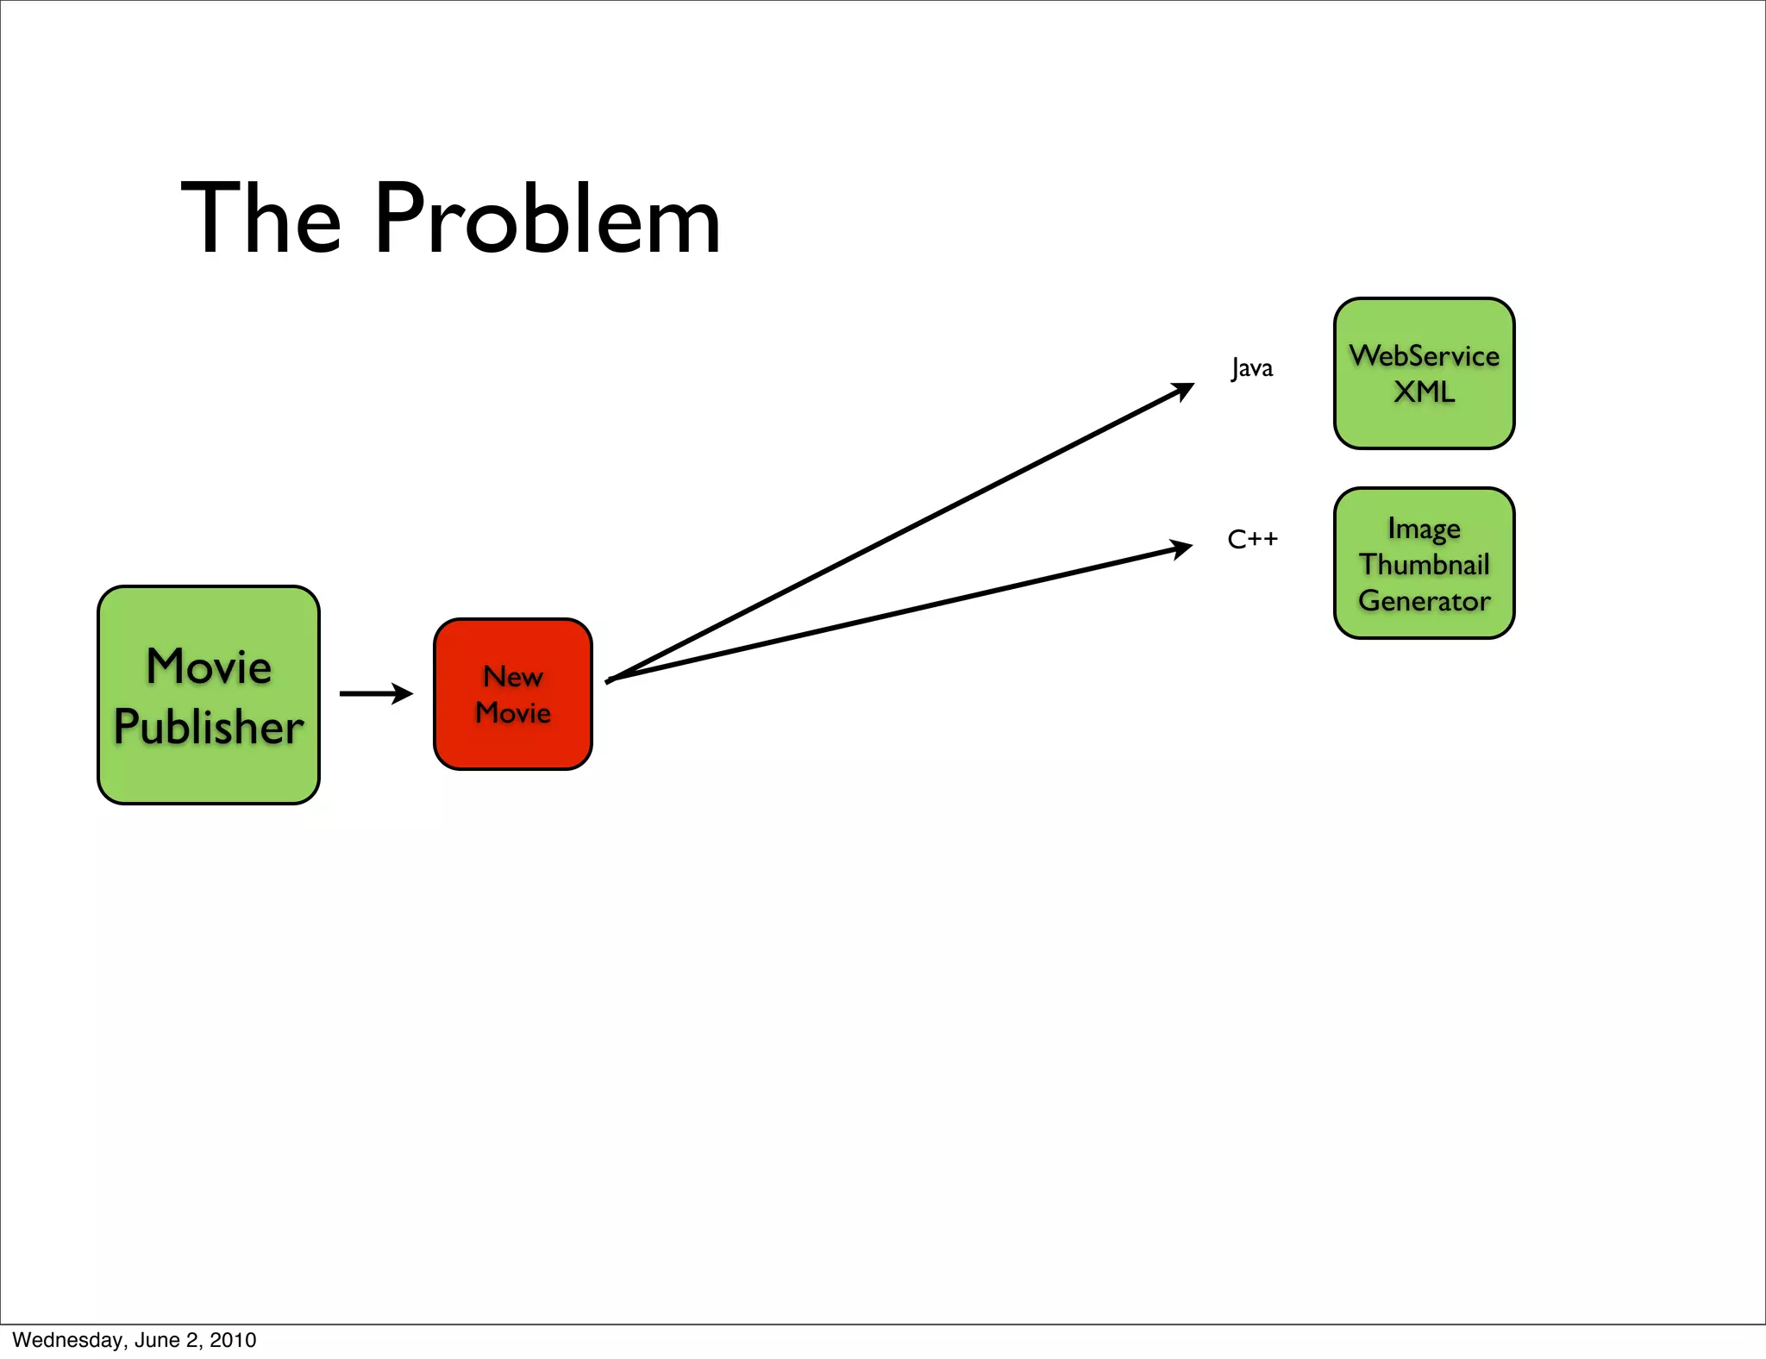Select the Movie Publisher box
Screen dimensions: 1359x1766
(x=209, y=695)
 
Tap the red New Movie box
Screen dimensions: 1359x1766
(x=513, y=694)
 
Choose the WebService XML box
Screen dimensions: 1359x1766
(x=1424, y=373)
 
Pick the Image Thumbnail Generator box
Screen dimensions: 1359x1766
(x=1424, y=563)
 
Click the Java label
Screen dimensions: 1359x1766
(x=1251, y=368)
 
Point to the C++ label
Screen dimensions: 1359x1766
(x=1252, y=540)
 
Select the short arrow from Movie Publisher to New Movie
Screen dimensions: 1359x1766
(x=376, y=693)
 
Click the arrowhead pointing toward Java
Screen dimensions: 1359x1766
(x=1183, y=391)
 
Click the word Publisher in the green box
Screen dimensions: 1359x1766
(x=209, y=727)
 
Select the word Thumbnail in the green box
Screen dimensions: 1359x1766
(x=1425, y=565)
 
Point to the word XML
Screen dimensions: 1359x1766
(x=1425, y=392)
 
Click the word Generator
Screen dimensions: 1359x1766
(x=1425, y=601)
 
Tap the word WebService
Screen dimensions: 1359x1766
(x=1425, y=356)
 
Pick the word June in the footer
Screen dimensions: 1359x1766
(x=156, y=1340)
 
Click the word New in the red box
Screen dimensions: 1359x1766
(x=513, y=677)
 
